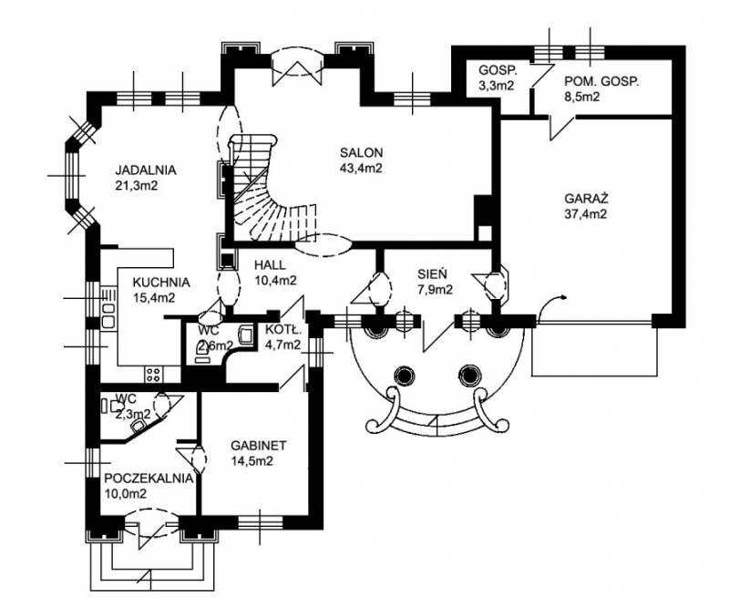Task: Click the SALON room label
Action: pos(362,152)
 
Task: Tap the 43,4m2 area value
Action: pos(362,168)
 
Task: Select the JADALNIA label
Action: pos(146,170)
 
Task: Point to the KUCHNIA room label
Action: pos(160,282)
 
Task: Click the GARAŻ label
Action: pos(586,198)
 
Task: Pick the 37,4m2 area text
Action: pos(586,214)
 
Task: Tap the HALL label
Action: pos(259,264)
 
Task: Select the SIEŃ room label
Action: pos(433,273)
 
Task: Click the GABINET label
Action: pos(259,446)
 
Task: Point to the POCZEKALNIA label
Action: pos(147,478)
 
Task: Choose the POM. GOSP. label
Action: pos(601,80)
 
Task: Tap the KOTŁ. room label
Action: pos(283,329)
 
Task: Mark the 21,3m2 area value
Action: pos(138,186)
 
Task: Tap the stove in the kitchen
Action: pos(152,372)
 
